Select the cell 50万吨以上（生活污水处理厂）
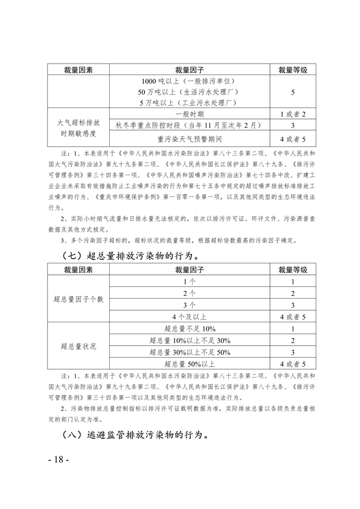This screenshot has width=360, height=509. click(x=188, y=92)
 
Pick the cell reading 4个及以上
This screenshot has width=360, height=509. click(x=188, y=315)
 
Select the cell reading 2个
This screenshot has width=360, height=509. click(x=188, y=293)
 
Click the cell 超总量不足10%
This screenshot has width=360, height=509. click(x=188, y=329)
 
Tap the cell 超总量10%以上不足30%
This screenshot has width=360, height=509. click(x=188, y=340)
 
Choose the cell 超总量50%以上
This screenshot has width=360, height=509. click(x=188, y=364)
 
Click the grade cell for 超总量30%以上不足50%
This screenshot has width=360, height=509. click(x=293, y=352)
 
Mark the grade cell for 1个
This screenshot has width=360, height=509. click(x=293, y=282)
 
